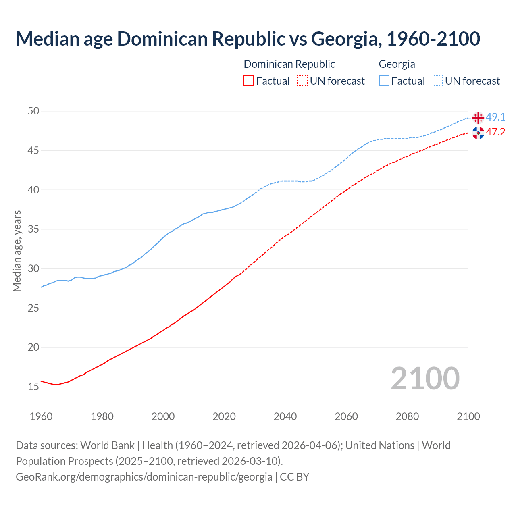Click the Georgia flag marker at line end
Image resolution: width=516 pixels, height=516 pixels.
point(478,118)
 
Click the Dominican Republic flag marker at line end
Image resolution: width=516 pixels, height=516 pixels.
point(478,133)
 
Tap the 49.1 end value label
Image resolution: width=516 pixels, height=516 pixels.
point(495,117)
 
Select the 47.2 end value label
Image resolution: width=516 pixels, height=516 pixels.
point(495,132)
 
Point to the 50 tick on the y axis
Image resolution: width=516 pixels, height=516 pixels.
point(33,111)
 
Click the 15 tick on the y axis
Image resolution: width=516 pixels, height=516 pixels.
point(33,387)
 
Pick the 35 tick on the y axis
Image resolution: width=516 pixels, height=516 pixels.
point(33,229)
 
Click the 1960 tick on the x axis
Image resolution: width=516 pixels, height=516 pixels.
point(41,416)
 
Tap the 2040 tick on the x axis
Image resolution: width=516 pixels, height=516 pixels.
point(285,416)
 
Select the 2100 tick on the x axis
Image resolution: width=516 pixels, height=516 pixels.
point(468,416)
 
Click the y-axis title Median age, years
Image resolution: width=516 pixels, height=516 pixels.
point(17,251)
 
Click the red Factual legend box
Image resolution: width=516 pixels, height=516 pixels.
point(249,81)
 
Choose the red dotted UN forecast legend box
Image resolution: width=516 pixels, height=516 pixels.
point(302,81)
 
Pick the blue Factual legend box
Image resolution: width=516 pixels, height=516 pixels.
point(384,81)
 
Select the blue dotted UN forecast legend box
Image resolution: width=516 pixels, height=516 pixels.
point(437,81)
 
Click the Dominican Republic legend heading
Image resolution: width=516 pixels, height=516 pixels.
point(289,64)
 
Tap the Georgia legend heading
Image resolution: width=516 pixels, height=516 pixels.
point(397,64)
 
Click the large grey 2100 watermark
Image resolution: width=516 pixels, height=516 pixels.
point(425,378)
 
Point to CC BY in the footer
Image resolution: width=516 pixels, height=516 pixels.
point(294,477)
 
